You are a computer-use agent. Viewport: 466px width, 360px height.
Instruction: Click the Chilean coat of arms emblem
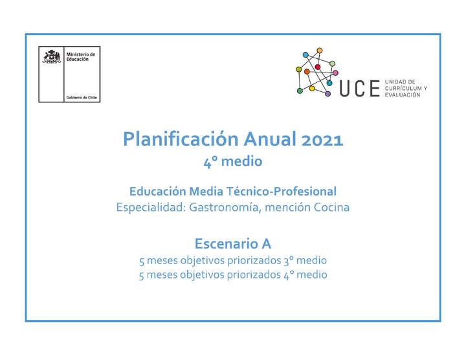52,57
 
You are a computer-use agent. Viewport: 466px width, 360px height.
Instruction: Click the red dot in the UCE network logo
318,67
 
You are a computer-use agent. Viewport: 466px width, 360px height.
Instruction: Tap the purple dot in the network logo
328,94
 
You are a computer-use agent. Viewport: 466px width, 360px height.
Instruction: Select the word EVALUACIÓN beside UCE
403,95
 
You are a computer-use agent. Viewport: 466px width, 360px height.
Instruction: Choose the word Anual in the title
265,139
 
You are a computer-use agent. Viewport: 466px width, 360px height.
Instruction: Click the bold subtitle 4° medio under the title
232,161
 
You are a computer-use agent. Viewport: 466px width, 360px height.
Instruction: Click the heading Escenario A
232,244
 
